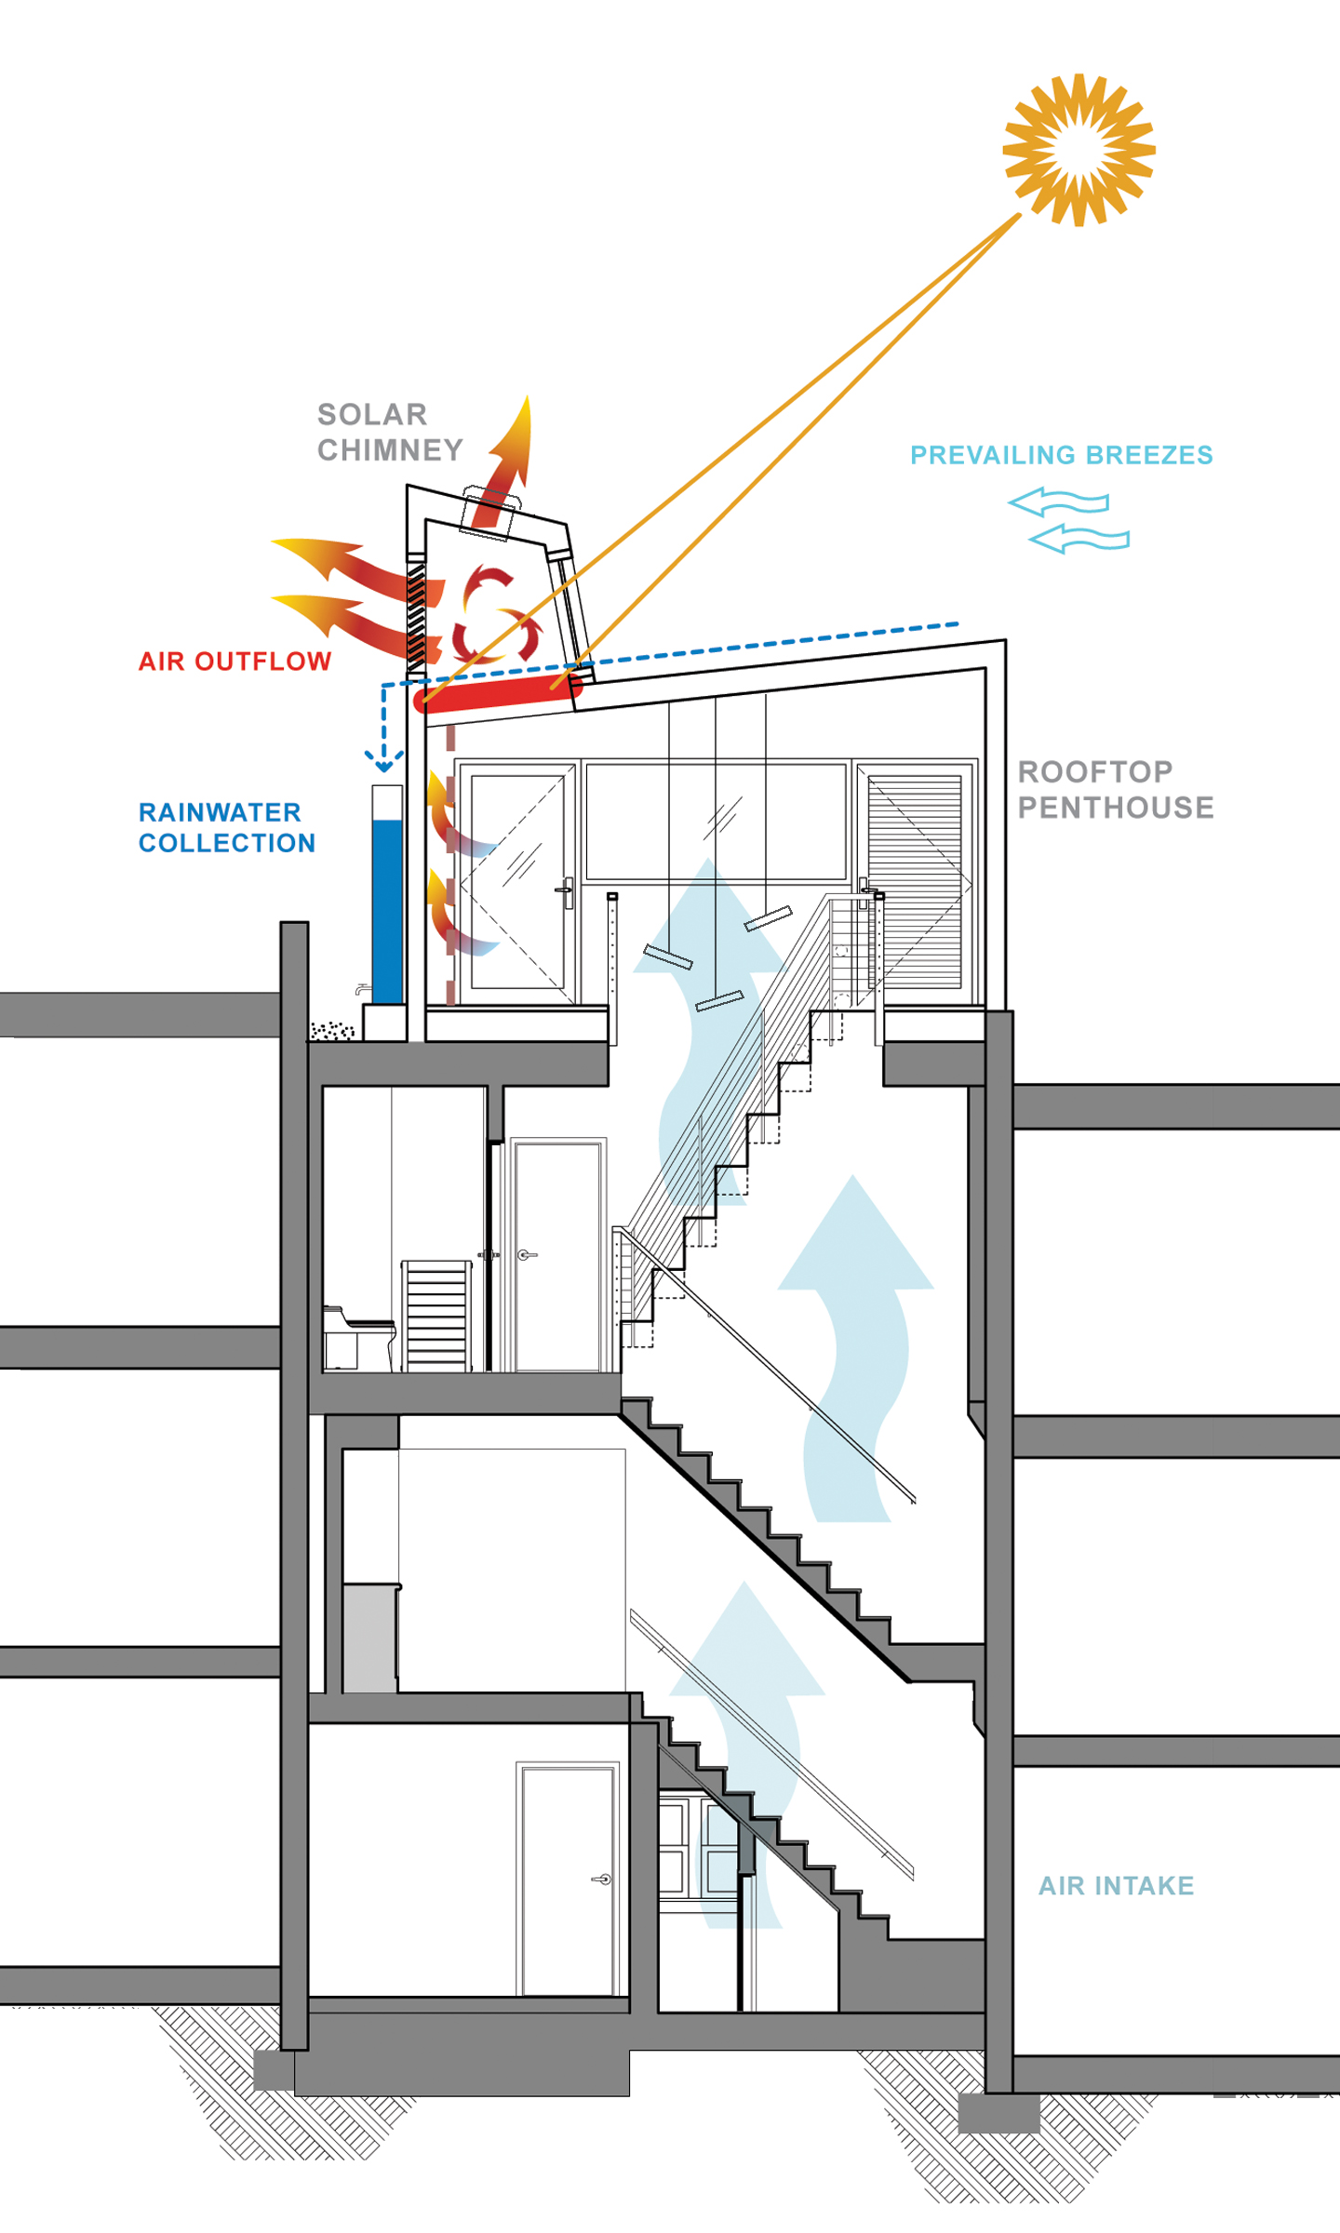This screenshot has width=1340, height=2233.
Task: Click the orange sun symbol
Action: click(1079, 150)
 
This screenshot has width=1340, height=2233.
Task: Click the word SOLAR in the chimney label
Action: click(372, 414)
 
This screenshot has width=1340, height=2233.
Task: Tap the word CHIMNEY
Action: click(390, 450)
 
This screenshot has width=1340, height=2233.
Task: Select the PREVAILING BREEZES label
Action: click(1061, 455)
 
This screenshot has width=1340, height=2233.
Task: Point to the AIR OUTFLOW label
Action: click(234, 662)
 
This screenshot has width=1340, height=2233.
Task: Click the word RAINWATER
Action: click(220, 812)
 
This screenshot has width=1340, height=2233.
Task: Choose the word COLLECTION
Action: click(227, 843)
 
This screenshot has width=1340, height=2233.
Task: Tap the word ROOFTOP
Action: click(1095, 771)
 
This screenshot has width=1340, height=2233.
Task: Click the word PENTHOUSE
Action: click(1116, 808)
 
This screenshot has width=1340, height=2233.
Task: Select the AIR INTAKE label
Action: click(1116, 1886)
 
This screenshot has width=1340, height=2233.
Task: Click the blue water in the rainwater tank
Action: click(387, 912)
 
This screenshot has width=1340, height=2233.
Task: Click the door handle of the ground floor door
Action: click(602, 1879)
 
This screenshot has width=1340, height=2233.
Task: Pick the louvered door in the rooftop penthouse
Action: click(915, 881)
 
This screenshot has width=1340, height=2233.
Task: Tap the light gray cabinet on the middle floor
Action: click(370, 1638)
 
